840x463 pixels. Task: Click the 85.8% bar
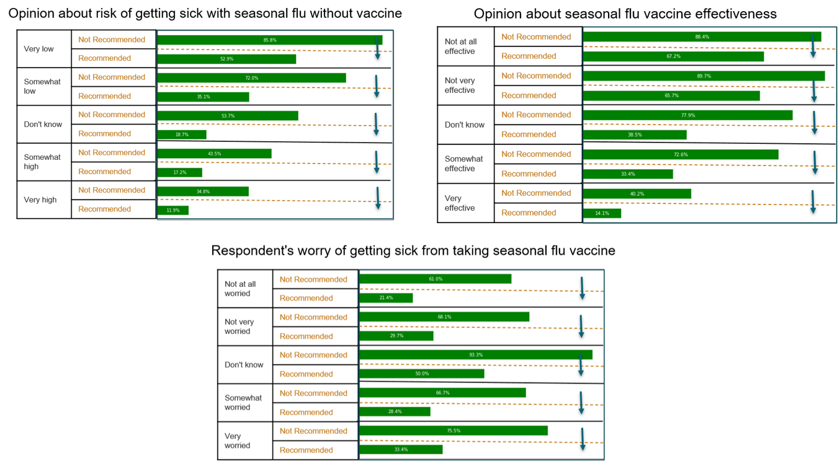click(269, 40)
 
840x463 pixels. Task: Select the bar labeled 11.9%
click(172, 210)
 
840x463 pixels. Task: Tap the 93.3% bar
click(475, 355)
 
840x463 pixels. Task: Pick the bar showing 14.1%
click(602, 213)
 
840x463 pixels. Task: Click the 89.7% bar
click(704, 76)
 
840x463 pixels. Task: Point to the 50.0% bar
click(421, 374)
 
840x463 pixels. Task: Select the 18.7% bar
click(181, 134)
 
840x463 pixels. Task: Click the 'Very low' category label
click(38, 49)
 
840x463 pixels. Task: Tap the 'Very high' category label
click(40, 200)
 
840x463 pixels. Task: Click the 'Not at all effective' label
click(460, 46)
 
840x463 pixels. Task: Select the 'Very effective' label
click(460, 203)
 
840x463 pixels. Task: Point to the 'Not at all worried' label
click(240, 289)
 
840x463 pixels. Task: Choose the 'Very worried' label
click(238, 441)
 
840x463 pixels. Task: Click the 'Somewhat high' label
click(42, 162)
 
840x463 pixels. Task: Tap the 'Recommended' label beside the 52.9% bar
click(104, 58)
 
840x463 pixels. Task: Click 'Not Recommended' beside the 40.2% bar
click(536, 193)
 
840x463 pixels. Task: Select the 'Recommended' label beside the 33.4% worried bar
click(306, 450)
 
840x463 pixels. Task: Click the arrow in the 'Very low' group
click(377, 48)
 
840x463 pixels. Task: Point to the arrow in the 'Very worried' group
click(583, 439)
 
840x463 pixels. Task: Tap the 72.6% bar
click(681, 154)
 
